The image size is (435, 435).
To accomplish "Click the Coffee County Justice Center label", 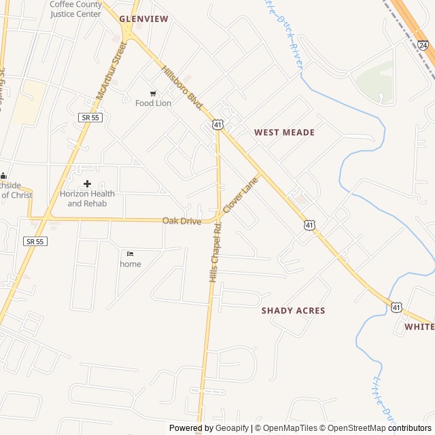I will [x=75, y=8].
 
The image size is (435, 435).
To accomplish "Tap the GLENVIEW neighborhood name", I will [x=143, y=19].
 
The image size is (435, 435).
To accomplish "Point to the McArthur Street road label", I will [x=111, y=71].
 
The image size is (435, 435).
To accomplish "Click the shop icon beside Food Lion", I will [x=152, y=93].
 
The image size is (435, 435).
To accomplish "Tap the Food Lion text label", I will [x=153, y=103].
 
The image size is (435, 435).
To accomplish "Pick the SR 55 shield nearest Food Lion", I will [x=89, y=118].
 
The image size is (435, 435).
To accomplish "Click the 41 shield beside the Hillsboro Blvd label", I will [x=216, y=124].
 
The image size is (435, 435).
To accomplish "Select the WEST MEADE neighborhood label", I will [x=284, y=133].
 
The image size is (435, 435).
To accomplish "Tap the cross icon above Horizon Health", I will [x=87, y=184].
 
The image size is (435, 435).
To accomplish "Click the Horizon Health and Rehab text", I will [x=87, y=198].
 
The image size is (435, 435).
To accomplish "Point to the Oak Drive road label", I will [x=181, y=221].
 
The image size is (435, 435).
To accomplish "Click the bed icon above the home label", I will [x=130, y=254].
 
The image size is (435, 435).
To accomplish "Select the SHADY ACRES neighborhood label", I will [x=293, y=311].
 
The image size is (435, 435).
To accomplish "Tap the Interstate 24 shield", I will [x=423, y=46].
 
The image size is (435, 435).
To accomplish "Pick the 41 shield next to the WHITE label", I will [x=396, y=308].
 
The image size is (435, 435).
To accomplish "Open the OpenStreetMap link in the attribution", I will [x=354, y=428].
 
